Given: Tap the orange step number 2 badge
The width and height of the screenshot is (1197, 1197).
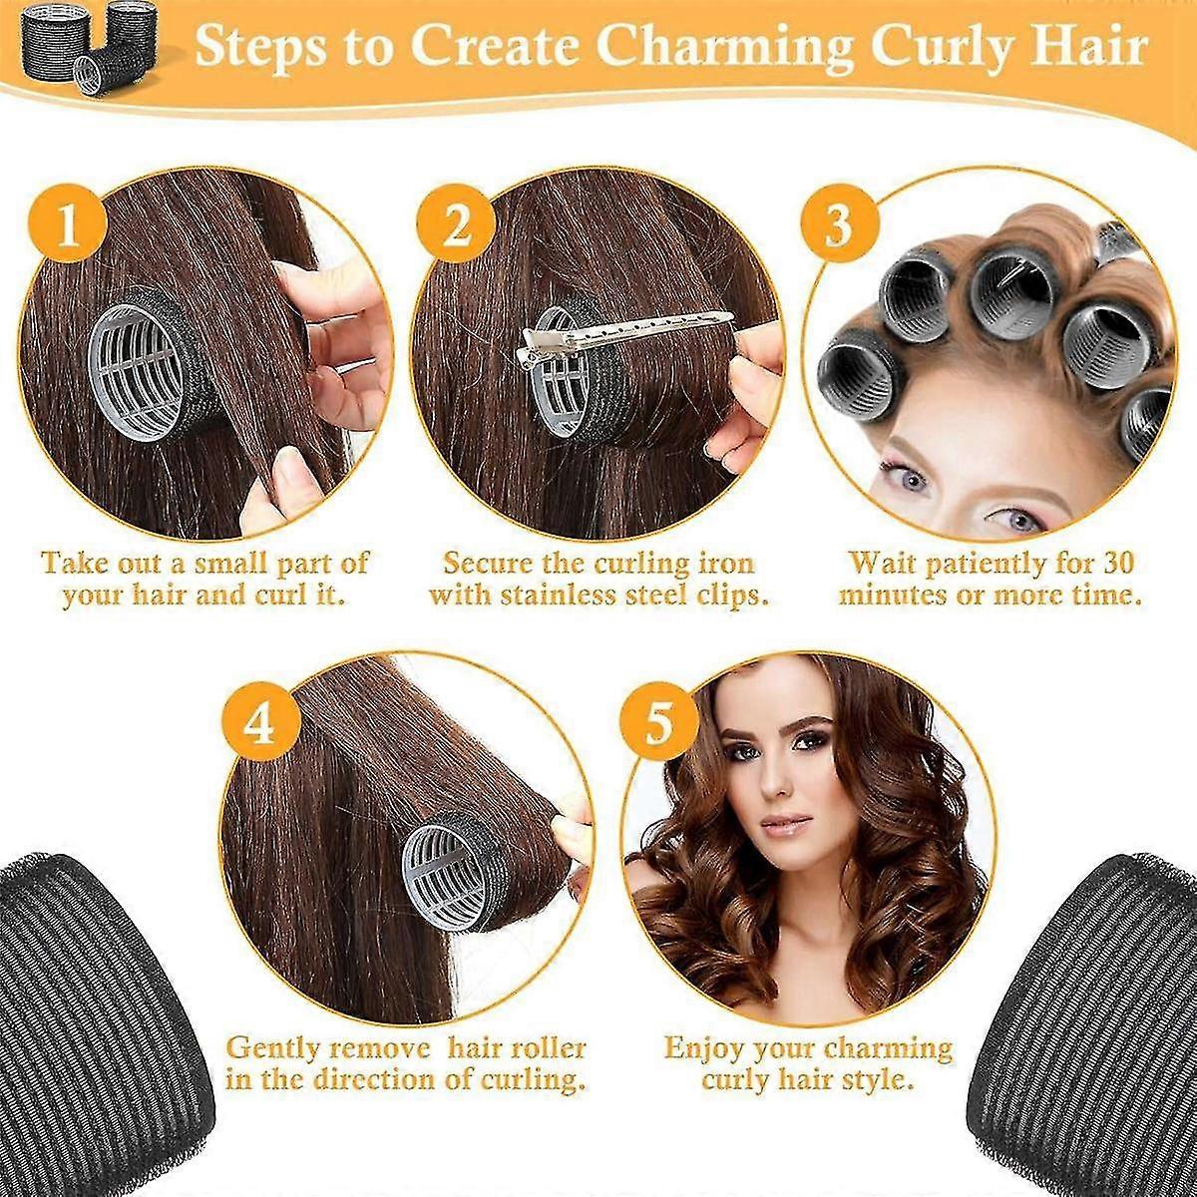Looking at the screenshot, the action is (456, 224).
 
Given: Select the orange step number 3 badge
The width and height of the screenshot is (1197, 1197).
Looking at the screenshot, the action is (839, 224).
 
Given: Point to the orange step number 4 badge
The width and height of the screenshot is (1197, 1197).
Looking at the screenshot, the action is (261, 725).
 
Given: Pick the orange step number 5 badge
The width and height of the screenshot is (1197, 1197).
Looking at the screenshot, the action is (659, 725).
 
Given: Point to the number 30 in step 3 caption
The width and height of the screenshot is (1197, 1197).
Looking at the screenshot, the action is (1116, 563).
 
